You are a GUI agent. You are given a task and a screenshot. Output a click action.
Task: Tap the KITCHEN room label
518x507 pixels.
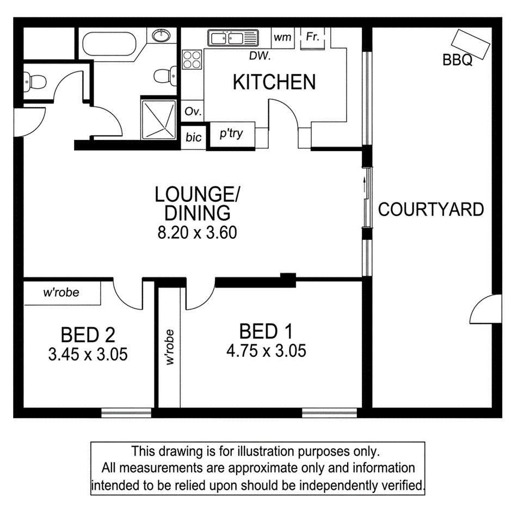coord(274,82)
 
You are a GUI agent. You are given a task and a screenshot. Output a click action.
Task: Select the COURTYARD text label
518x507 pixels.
coord(431,209)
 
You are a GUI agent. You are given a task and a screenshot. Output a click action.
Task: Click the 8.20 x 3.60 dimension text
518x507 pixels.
coord(196,233)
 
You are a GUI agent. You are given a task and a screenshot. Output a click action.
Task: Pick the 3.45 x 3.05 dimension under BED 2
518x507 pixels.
coord(88,355)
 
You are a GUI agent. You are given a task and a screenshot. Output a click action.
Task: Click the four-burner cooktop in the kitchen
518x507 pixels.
coord(192,59)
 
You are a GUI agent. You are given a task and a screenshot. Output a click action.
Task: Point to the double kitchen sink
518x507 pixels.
coord(232,38)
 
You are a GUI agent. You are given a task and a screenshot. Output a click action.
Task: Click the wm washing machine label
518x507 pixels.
coord(282,38)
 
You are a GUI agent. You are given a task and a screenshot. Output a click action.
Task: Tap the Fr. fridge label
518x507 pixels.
coord(312,37)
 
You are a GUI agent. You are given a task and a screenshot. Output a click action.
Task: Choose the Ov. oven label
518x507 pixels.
coord(193,112)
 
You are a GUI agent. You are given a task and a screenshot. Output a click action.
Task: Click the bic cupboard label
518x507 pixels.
coord(193,138)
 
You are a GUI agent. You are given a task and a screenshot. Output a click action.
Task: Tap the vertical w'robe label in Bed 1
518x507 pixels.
coord(170,347)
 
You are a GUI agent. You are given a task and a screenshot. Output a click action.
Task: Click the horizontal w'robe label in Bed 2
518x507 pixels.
coord(61,293)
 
